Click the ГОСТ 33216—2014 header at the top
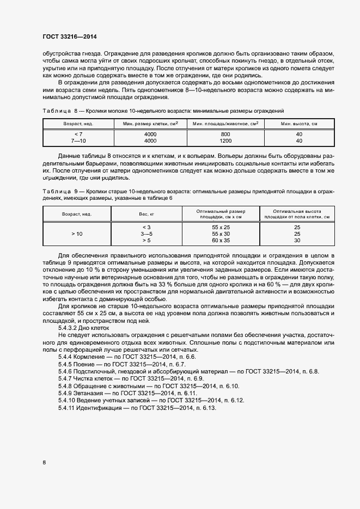[69, 37]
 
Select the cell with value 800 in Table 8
[225, 134]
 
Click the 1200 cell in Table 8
[225, 140]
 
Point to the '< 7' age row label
[78, 134]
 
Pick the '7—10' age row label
[78, 140]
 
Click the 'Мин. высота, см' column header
[298, 124]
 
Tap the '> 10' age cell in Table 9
[77, 233]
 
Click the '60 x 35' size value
[221, 240]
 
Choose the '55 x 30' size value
[221, 233]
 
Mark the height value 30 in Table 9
[297, 240]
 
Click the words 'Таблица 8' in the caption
[57, 111]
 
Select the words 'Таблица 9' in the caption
[57, 192]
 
